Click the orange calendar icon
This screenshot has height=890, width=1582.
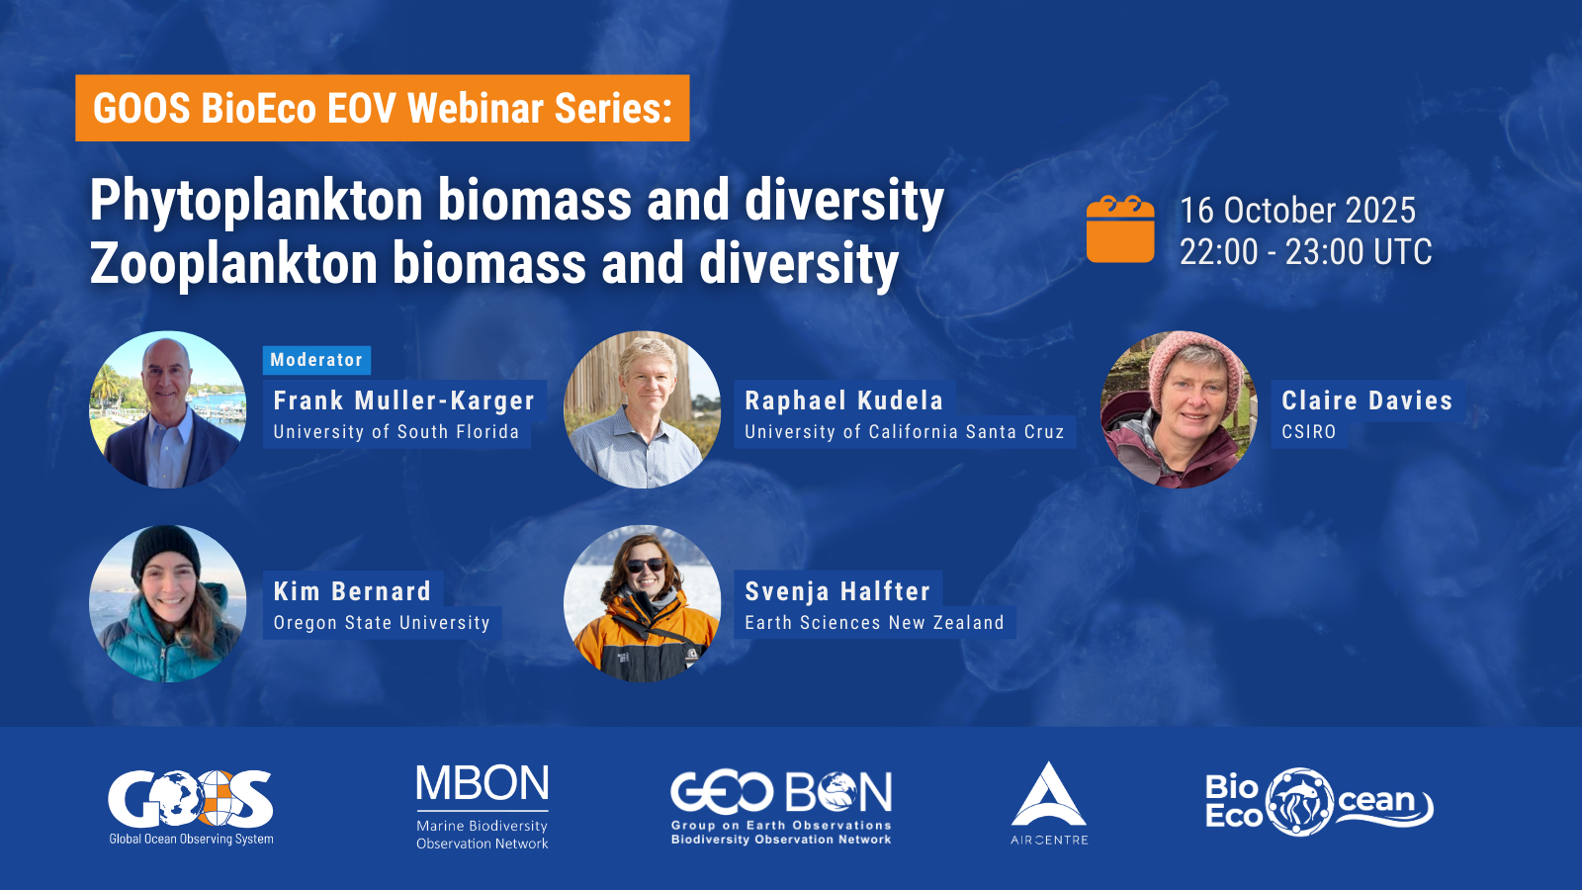(x=1120, y=228)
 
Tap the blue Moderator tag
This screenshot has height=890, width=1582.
(x=316, y=360)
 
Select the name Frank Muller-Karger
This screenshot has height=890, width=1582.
(x=404, y=400)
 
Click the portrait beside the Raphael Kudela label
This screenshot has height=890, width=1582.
(x=642, y=409)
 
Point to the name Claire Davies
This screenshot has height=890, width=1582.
(x=1367, y=400)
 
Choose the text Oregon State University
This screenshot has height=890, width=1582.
(x=382, y=623)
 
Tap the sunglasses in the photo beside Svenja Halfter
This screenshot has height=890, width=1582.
(x=646, y=565)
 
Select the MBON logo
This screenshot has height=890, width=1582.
(x=483, y=807)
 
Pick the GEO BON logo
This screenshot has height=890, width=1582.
(x=781, y=808)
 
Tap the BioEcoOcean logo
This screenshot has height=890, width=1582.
(x=1319, y=802)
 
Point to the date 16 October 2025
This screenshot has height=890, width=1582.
(x=1297, y=210)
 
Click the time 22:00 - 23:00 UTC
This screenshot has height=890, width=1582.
(x=1306, y=252)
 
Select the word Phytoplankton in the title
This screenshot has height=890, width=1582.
(x=256, y=202)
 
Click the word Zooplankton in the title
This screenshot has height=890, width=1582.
(x=233, y=264)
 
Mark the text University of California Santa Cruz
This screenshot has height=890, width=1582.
(x=904, y=432)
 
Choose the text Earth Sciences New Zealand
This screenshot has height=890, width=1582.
(x=874, y=623)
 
